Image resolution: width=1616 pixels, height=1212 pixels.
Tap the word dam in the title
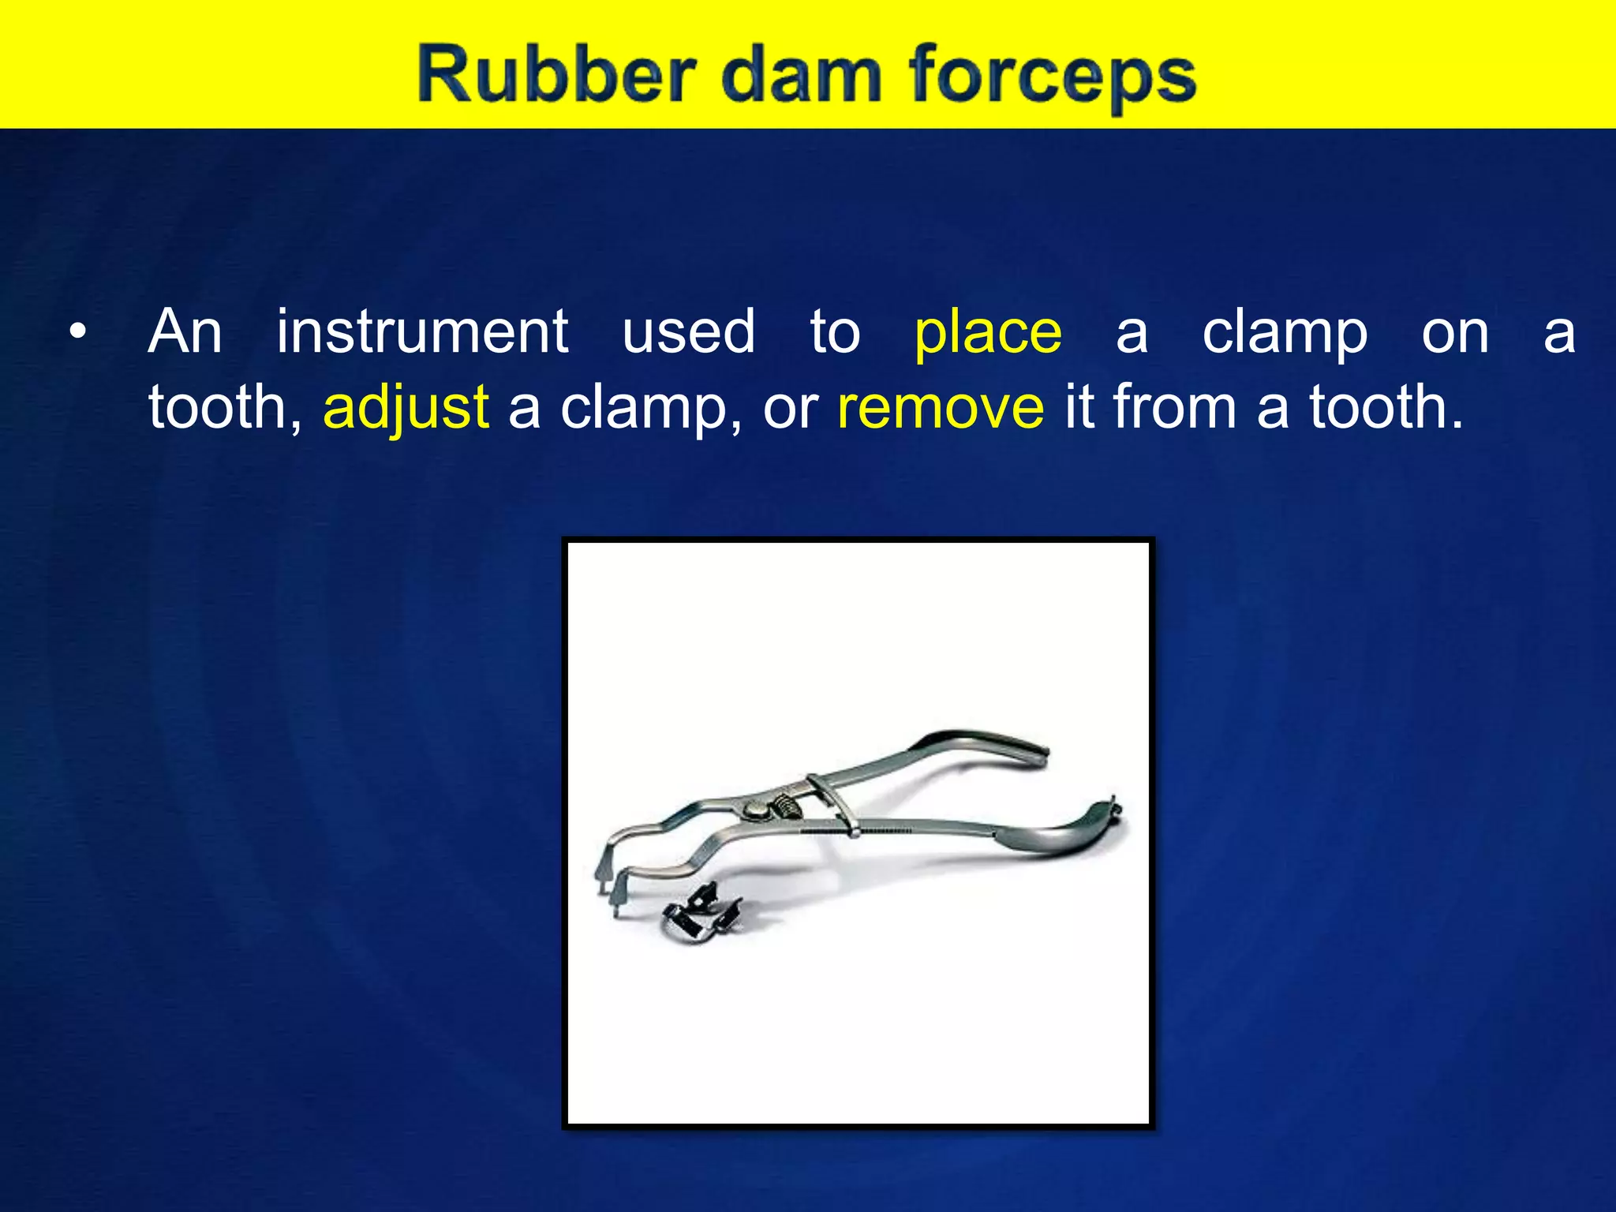pos(800,75)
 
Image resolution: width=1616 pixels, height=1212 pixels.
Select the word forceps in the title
pos(1053,77)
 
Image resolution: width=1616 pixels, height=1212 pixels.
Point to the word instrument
pos(422,331)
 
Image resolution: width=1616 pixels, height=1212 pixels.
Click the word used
pos(689,331)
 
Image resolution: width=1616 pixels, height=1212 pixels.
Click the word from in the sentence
pos(1175,407)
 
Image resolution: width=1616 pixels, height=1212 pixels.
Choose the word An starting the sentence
pos(185,331)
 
